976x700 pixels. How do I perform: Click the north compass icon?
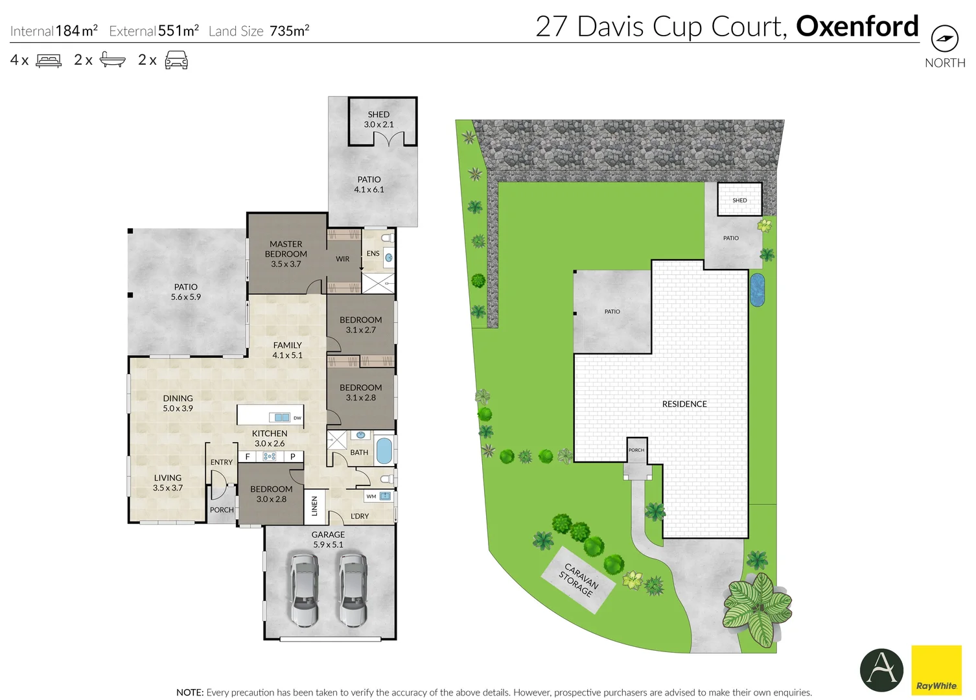click(944, 39)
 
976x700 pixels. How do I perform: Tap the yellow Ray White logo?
click(936, 670)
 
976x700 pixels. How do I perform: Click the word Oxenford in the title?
click(857, 27)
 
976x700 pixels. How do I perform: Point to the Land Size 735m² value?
click(289, 30)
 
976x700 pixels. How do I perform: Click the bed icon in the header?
click(49, 60)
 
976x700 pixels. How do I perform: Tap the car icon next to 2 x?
click(176, 60)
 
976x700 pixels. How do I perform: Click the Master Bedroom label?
click(286, 254)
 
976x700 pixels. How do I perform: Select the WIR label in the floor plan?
click(342, 259)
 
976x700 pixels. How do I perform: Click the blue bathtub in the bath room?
click(384, 450)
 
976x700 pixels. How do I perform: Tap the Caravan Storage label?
click(579, 579)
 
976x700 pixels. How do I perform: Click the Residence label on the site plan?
click(684, 404)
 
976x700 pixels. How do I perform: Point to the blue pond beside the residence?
click(757, 290)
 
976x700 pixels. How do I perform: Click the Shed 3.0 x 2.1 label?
click(378, 119)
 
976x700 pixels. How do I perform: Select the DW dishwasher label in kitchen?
click(297, 418)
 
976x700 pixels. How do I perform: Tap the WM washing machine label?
click(371, 496)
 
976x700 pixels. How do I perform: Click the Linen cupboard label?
click(314, 506)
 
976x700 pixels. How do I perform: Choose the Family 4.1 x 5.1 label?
click(287, 350)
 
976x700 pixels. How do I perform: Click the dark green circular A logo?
click(881, 670)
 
